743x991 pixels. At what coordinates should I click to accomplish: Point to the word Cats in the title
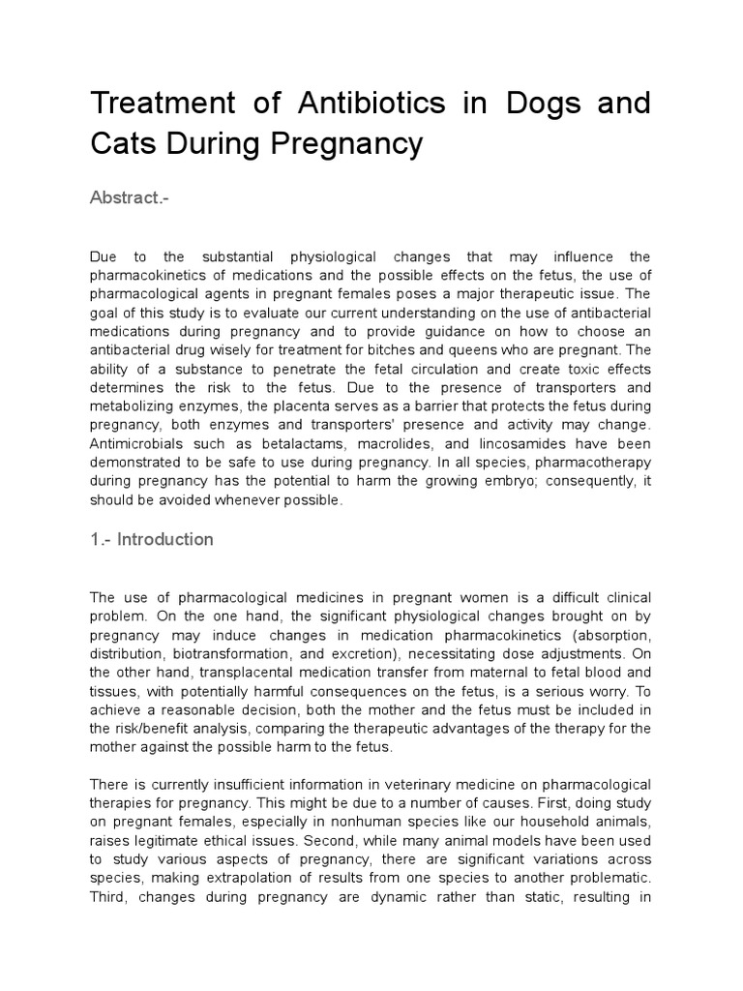tap(120, 143)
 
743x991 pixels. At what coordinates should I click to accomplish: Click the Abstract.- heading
tap(129, 197)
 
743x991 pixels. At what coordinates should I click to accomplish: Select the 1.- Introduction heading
tap(152, 539)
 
